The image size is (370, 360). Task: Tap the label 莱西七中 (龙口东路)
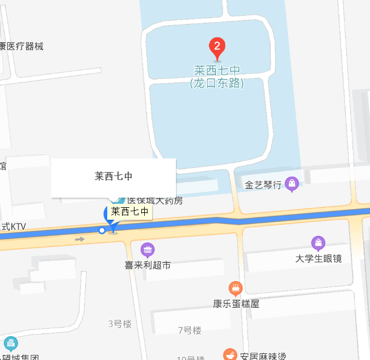(217, 77)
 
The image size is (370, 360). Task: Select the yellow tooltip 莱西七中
(131, 212)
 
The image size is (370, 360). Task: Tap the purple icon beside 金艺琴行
(292, 183)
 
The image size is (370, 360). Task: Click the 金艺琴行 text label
(263, 185)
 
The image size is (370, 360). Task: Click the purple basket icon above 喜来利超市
(148, 249)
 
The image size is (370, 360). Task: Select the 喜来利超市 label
(148, 265)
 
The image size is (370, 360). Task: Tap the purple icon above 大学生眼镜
(318, 244)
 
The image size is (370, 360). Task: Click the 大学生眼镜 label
(318, 259)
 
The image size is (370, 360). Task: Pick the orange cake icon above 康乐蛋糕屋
(236, 288)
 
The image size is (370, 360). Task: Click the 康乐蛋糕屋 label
(236, 304)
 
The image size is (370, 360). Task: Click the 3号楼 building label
(120, 324)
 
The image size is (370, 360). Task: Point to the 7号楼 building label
(190, 330)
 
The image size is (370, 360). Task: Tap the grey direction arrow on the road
(79, 240)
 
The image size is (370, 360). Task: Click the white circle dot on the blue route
(102, 230)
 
